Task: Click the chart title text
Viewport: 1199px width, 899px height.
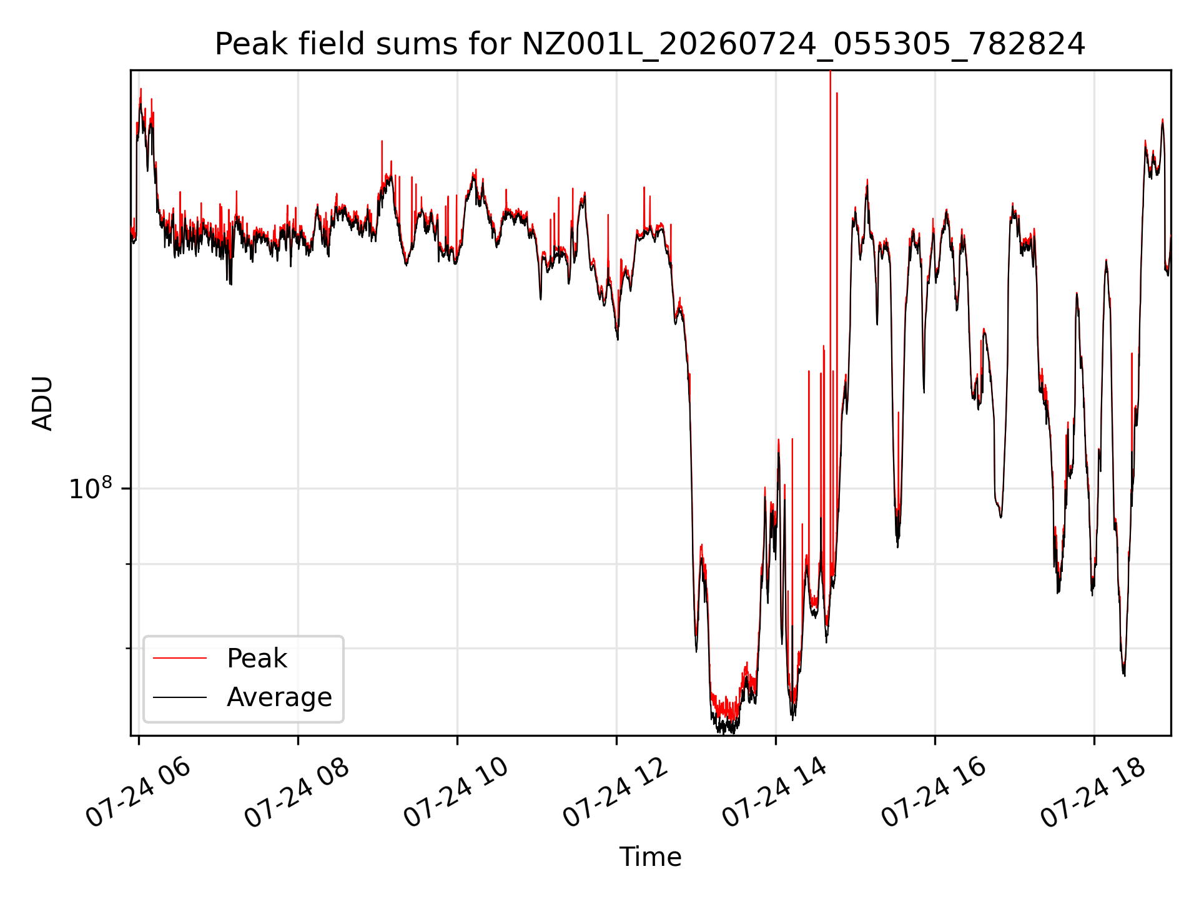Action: [x=650, y=45]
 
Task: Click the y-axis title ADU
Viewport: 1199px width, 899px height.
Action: [x=42, y=403]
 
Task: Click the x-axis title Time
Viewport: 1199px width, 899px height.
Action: [x=650, y=857]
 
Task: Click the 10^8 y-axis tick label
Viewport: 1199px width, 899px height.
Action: [x=91, y=488]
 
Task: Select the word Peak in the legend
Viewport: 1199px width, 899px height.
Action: [x=257, y=659]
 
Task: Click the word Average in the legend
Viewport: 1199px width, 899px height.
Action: [x=279, y=697]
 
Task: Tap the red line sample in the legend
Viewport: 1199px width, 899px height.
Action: [x=180, y=658]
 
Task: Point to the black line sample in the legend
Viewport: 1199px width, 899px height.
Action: [x=180, y=697]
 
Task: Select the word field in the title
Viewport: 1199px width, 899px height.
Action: [x=330, y=45]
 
